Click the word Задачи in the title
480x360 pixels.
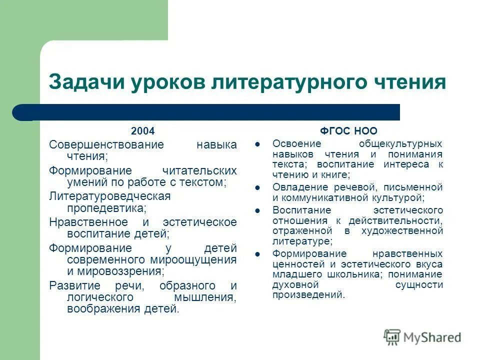tap(85, 82)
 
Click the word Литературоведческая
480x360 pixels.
tap(109, 196)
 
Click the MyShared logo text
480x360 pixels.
tap(432, 337)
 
